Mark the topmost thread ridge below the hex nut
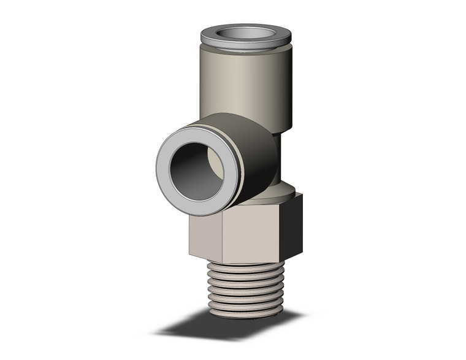[x=245, y=268]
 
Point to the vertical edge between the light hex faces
[x=223, y=239]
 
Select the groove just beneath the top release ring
[x=245, y=52]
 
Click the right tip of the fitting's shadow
[x=300, y=316]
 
